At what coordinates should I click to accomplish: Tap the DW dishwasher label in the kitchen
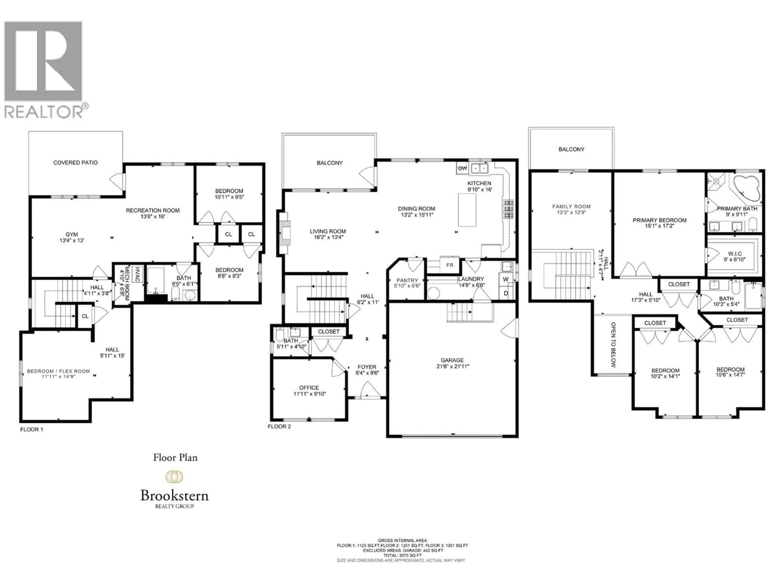click(x=463, y=168)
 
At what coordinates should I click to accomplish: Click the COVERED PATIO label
click(x=75, y=163)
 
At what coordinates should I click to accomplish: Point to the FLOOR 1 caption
click(x=32, y=429)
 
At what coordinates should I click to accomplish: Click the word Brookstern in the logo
click(x=175, y=496)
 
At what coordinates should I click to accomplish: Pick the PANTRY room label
click(x=407, y=280)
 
